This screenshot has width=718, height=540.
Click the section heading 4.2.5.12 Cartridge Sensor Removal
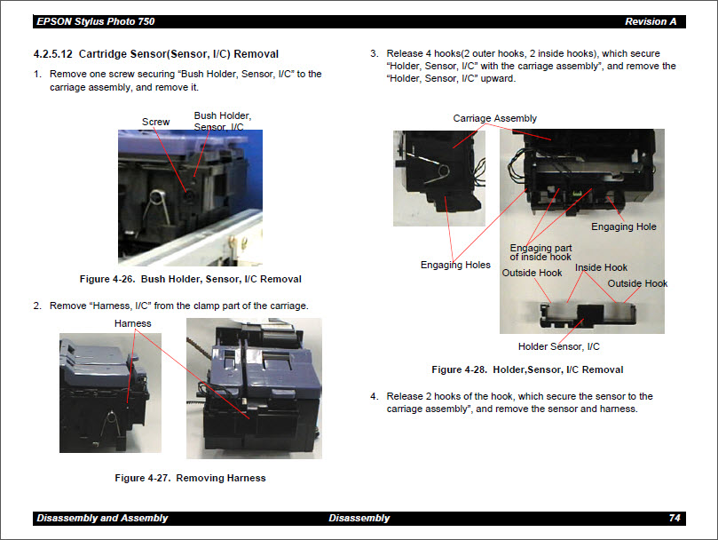155,54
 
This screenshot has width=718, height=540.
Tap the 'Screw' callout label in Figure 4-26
155,122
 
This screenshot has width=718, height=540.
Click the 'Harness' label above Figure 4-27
132,323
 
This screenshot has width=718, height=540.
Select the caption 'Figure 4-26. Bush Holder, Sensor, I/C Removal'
190,279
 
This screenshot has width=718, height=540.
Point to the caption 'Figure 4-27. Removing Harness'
190,478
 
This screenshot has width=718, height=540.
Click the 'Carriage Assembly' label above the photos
494,118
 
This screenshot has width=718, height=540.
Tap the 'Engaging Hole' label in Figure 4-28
624,226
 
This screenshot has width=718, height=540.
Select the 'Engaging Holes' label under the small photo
455,265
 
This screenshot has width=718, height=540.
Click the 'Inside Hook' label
601,267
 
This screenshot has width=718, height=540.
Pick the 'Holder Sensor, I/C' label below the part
558,346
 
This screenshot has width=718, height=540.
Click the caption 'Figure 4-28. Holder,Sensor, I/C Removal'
527,369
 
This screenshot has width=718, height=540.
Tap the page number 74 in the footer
674,518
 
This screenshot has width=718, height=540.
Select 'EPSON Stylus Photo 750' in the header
91,21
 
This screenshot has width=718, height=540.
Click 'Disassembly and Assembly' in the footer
102,518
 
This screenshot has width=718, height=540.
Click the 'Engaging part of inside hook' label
540,252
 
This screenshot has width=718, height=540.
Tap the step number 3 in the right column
374,54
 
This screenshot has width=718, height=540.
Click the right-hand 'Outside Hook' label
637,283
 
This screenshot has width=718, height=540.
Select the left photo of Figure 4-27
110,392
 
